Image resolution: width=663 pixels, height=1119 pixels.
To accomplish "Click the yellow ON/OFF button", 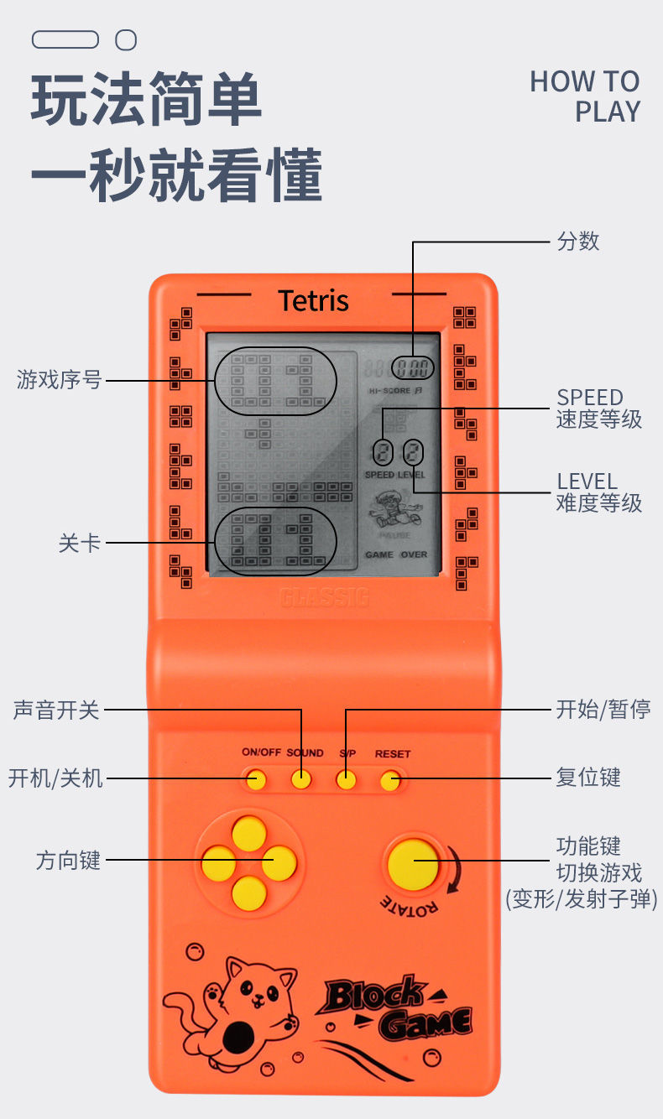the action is [257, 781].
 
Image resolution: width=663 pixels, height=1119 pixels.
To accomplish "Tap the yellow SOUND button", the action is [301, 780].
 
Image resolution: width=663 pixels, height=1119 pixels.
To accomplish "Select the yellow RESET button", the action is [389, 782].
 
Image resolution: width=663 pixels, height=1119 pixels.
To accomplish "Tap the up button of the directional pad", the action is [249, 833].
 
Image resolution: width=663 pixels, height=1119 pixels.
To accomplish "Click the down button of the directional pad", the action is [249, 893].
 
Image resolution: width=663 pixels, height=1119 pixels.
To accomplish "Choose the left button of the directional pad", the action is [219, 863].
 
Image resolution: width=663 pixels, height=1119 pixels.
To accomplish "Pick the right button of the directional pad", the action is [279, 863].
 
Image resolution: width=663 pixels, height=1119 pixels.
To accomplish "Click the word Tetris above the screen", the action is [313, 300].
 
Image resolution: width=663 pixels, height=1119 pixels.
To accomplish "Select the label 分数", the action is [578, 242].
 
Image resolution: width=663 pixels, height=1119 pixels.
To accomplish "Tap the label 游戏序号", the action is [59, 380].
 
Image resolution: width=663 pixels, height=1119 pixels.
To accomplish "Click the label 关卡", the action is [80, 543].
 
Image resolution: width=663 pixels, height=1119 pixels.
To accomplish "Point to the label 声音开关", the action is [56, 710].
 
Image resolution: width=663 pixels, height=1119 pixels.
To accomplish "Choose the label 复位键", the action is [588, 777].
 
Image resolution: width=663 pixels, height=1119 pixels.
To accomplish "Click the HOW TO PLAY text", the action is [585, 96].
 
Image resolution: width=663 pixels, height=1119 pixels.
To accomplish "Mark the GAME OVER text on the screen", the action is [396, 554].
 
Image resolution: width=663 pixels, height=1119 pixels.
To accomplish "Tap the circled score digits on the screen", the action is [413, 367].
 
